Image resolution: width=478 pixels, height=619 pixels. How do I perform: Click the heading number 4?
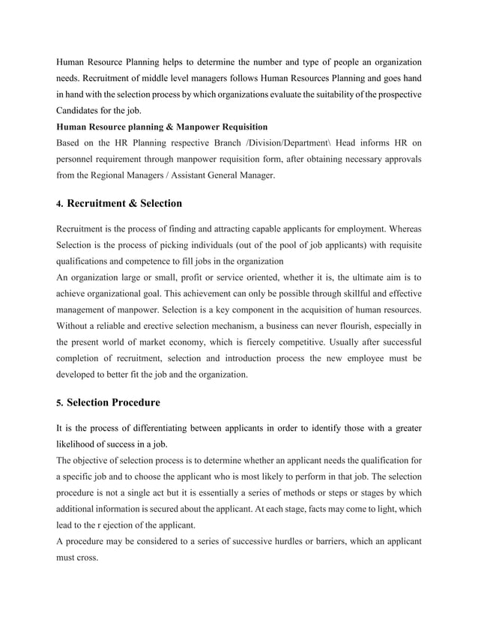tap(60, 204)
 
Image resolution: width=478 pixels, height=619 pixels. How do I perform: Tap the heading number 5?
tap(60, 403)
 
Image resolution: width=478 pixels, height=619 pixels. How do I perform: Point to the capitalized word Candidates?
tap(82, 109)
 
